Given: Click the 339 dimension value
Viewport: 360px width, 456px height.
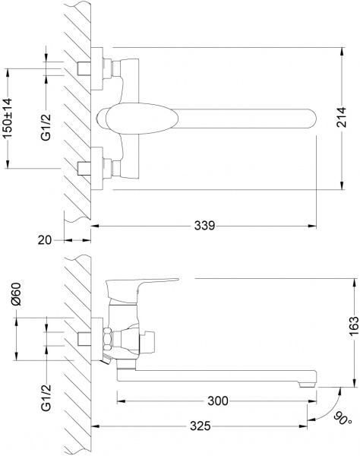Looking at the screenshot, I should click(x=204, y=225).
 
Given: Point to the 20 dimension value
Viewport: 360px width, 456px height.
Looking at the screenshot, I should click(x=45, y=240).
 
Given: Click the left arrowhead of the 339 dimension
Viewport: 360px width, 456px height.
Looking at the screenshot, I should click(x=96, y=225).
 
